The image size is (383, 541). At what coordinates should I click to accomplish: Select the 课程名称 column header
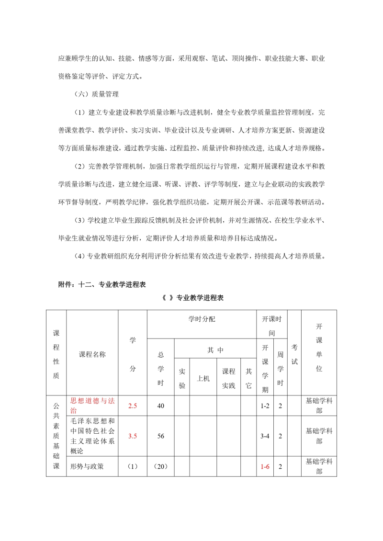pos(92,355)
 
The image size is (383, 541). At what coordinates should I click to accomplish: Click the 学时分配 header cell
pos(202,319)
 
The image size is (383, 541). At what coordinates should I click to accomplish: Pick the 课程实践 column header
pos(228,378)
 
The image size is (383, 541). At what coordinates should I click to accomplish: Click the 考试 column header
pos(294,355)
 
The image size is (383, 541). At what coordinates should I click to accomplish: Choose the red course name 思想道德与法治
pos(92,406)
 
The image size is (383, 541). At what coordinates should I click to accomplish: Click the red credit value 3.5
pos(133,436)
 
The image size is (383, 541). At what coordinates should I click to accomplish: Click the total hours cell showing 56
pos(161,436)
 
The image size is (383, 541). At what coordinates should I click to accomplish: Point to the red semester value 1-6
pos(265,466)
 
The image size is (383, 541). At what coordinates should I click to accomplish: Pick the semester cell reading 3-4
pos(265,436)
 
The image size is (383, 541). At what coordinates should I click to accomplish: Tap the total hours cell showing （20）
pos(161,466)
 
